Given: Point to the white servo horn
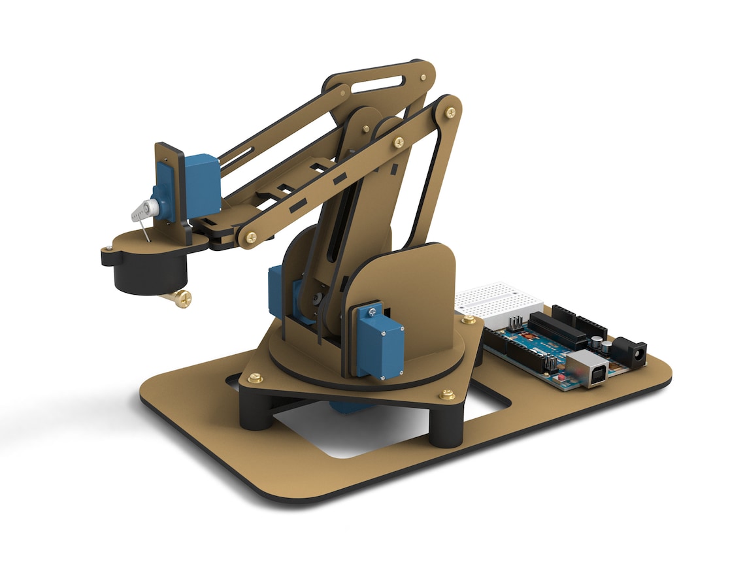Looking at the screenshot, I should click(145, 210).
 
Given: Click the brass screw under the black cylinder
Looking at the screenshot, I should click(177, 299).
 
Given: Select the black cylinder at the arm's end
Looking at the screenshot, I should click(150, 274).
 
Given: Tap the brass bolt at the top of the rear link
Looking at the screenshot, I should click(450, 112).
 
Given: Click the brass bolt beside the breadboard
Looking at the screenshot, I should click(469, 320).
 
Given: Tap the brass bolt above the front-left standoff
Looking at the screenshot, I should click(256, 378).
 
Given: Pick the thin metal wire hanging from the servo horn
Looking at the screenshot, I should click(144, 228).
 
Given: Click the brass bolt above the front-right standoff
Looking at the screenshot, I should click(447, 394).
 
